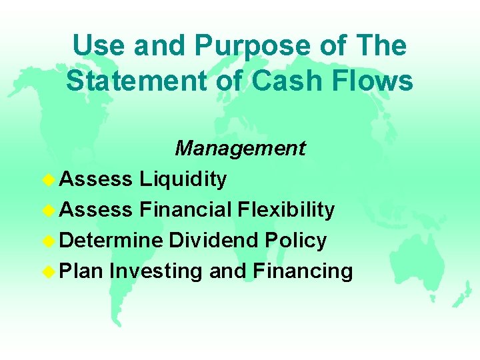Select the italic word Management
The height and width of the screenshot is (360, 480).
(240, 148)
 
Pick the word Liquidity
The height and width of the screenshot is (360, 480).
(183, 179)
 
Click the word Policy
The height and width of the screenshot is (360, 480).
(297, 240)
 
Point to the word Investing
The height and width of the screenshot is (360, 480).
(157, 271)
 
